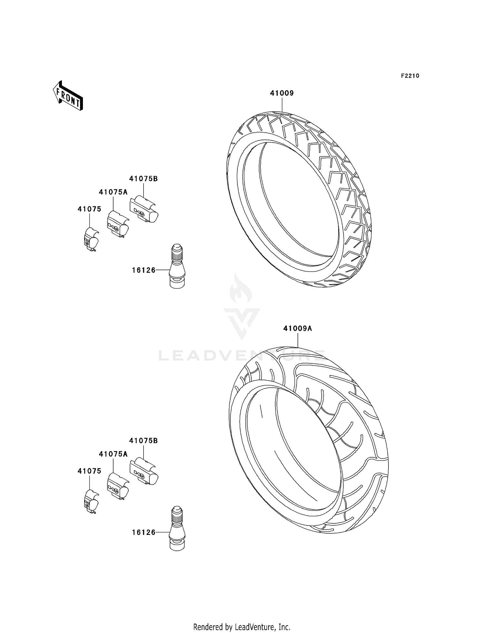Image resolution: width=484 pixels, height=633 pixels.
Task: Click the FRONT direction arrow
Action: [x=68, y=96]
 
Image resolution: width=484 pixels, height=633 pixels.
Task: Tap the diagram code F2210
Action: [x=410, y=76]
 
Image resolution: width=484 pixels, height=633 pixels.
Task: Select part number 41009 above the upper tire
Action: [x=282, y=93]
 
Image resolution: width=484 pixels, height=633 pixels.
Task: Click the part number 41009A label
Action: [x=297, y=329]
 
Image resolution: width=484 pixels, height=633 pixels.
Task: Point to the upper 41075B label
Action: [x=144, y=179]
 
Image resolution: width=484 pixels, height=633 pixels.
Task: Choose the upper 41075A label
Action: [x=113, y=192]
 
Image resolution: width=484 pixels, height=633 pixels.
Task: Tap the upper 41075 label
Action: [x=89, y=209]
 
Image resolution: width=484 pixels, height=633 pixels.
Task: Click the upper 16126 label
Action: [x=144, y=270]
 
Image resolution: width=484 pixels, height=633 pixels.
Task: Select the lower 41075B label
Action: [x=144, y=440]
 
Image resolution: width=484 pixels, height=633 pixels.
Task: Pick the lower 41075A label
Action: [x=113, y=454]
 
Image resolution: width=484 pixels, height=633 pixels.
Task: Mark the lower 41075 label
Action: [x=89, y=471]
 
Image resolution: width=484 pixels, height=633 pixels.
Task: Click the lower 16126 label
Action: [x=144, y=532]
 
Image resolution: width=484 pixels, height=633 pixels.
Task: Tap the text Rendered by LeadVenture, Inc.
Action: [x=242, y=627]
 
